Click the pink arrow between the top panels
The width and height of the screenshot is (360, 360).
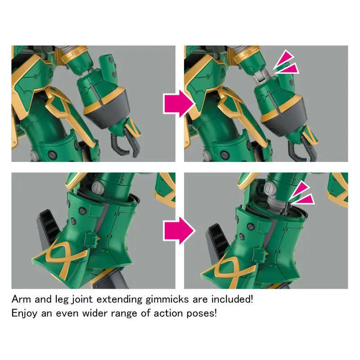179,103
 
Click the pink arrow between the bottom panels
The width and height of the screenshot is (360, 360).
179,231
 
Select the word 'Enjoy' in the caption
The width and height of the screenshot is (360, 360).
24,314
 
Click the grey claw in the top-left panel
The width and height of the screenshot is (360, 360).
126,143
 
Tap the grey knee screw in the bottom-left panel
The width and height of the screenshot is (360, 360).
98,187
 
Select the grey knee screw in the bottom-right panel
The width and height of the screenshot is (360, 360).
271,188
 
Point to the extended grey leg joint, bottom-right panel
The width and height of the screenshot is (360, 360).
277,203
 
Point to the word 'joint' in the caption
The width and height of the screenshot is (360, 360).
82,300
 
